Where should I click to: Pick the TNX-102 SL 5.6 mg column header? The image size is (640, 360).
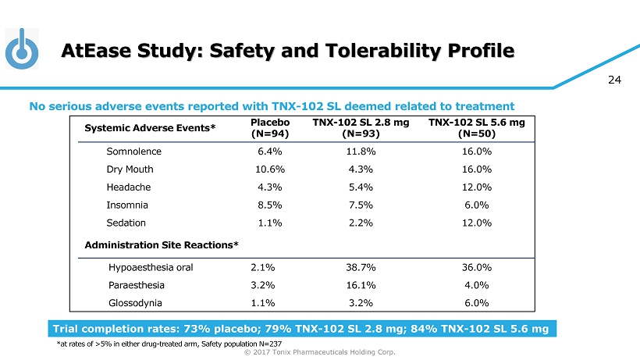[x=477, y=128]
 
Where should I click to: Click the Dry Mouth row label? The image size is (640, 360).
[x=130, y=169]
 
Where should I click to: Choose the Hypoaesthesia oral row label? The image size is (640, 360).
[x=151, y=267]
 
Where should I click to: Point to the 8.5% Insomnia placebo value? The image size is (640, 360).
[x=268, y=205]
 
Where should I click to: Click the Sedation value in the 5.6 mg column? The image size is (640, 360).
[x=477, y=223]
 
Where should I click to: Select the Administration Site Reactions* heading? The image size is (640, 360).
[x=162, y=245]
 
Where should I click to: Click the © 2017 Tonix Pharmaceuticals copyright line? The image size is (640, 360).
[x=320, y=352]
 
